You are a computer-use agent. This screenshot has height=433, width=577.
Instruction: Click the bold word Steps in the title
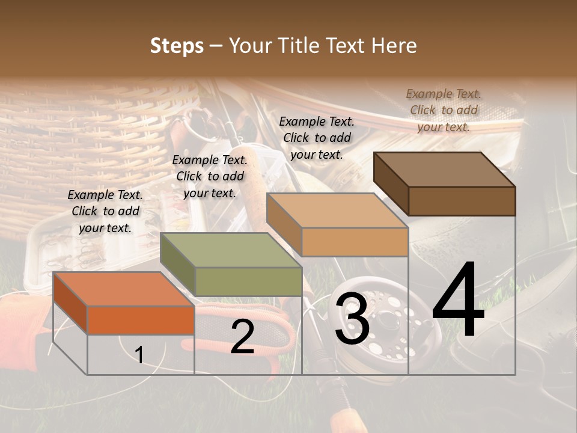(177, 46)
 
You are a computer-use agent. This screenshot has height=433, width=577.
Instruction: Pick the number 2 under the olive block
(242, 337)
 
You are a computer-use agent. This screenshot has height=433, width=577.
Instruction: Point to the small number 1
(139, 355)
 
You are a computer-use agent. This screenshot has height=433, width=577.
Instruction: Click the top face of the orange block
(123, 289)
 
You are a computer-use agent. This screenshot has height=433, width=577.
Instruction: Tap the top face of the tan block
(337, 210)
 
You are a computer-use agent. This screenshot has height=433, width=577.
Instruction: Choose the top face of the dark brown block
(444, 170)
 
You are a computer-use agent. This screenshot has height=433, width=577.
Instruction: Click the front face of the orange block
(141, 320)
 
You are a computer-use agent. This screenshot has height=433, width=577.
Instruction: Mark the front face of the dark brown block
(462, 201)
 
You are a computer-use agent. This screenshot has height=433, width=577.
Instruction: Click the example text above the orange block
(105, 211)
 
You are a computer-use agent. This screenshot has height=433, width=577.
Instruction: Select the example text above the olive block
(210, 176)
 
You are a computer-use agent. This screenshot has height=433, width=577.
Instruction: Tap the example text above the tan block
(317, 138)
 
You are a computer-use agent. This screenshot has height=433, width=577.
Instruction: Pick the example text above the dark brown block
(444, 110)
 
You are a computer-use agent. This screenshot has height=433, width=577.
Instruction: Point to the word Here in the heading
(394, 46)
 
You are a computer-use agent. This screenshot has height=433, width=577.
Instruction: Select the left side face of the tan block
(284, 225)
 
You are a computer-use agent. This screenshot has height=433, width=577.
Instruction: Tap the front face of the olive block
(248, 281)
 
